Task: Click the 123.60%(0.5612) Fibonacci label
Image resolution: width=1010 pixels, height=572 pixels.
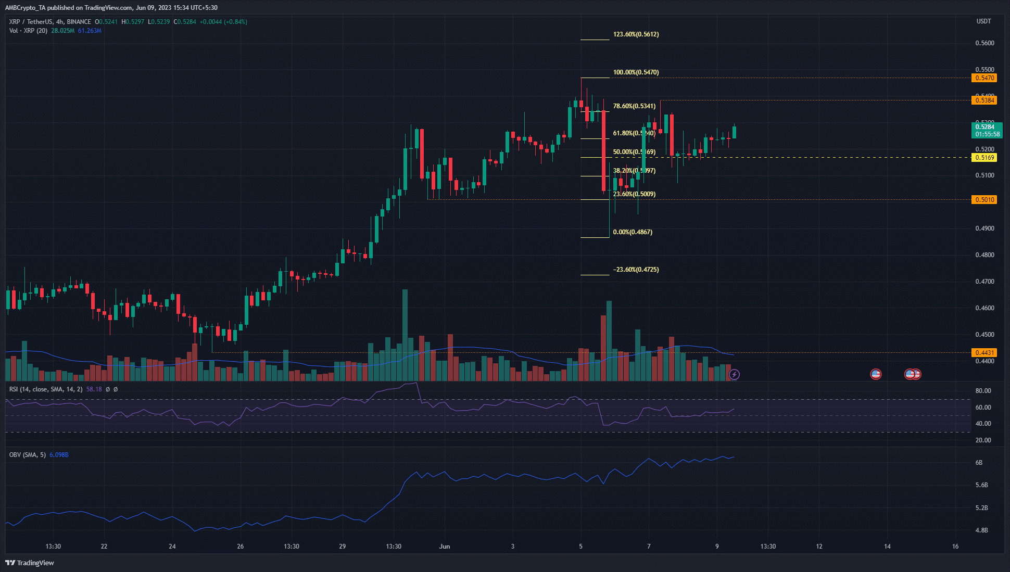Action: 636,34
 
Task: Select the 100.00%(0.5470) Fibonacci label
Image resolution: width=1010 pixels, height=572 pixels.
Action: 636,72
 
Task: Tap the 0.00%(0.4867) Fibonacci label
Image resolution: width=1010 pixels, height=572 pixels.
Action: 633,232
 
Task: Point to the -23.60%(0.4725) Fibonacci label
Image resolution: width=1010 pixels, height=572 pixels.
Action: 636,270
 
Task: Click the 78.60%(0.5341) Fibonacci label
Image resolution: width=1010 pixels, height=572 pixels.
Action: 634,106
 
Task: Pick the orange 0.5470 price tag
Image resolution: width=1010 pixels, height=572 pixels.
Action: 984,78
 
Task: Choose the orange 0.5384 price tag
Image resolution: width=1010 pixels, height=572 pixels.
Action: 984,100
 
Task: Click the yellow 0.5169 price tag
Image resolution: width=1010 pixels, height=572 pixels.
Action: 984,158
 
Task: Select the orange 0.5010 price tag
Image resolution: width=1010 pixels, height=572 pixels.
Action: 984,200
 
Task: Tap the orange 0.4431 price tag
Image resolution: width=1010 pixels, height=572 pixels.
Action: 984,353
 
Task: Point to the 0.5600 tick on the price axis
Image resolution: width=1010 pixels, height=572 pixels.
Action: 984,43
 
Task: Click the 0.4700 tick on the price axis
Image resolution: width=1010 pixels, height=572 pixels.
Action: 984,282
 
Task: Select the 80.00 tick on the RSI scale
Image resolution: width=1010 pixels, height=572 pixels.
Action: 983,391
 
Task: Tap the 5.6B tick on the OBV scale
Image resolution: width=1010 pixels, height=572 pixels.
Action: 981,485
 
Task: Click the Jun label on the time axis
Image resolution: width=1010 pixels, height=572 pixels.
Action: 445,546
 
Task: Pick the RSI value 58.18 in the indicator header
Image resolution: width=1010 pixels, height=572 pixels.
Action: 94,389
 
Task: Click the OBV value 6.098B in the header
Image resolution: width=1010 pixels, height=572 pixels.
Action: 59,455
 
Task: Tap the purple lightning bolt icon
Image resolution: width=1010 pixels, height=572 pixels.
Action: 734,374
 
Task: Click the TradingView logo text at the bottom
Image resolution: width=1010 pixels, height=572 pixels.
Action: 30,563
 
